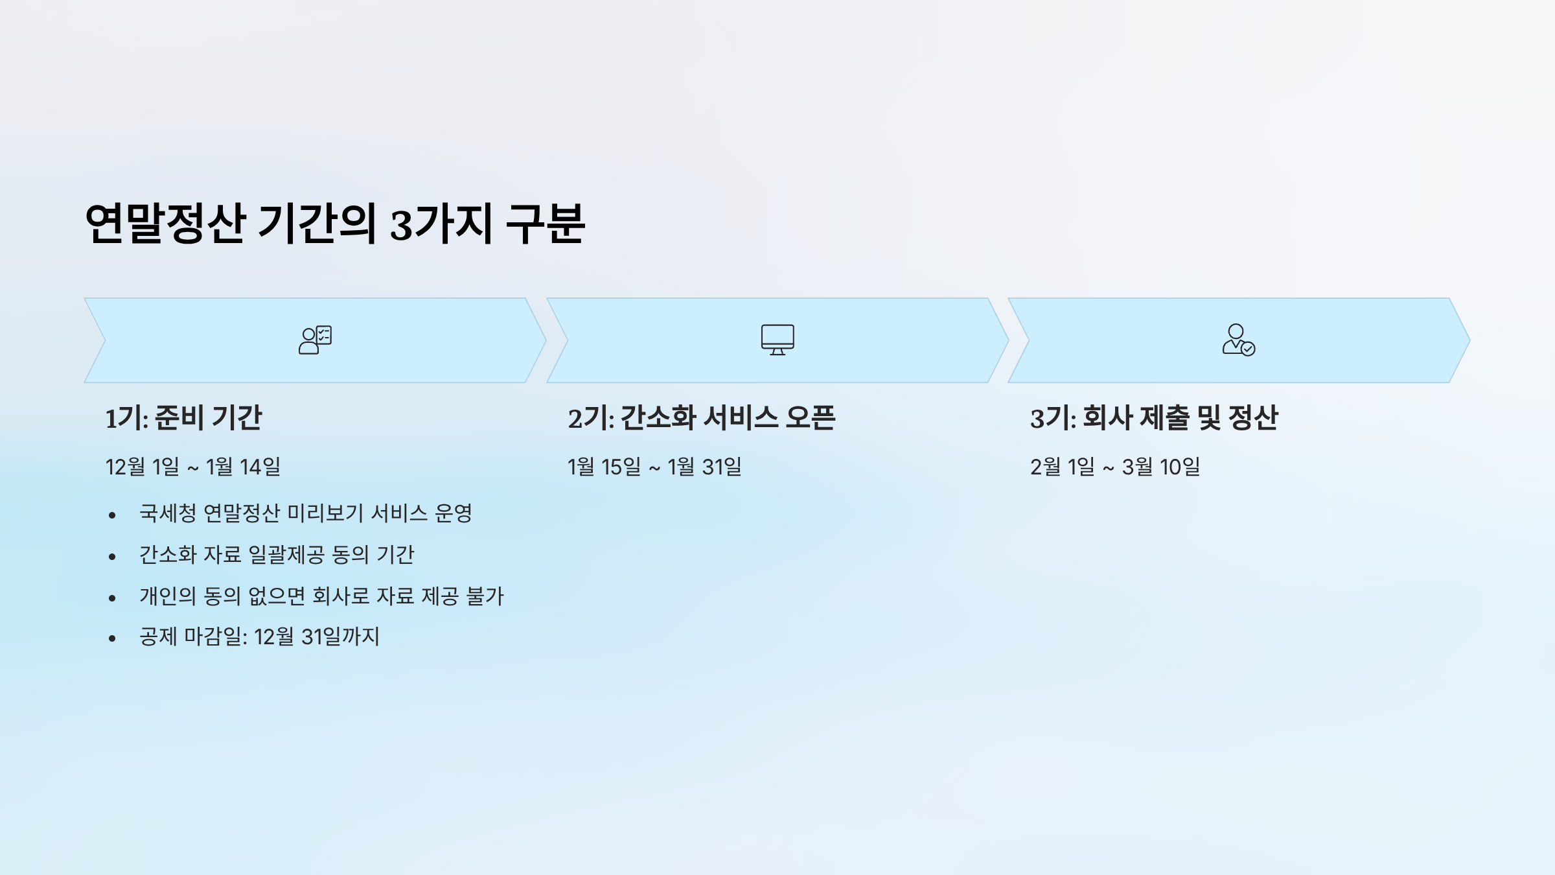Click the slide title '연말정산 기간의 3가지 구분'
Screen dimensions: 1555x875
click(334, 224)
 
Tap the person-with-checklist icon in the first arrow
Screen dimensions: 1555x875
click(315, 340)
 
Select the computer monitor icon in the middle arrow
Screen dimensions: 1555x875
click(777, 340)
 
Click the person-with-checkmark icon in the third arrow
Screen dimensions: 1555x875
click(1238, 340)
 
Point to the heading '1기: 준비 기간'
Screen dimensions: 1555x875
click(183, 417)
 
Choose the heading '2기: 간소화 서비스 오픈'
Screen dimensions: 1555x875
click(701, 417)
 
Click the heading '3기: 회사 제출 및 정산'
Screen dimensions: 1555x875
click(1153, 417)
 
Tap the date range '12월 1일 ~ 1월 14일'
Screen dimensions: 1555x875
click(192, 467)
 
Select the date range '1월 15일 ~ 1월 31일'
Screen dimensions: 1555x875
click(654, 467)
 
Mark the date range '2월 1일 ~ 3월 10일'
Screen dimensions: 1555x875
click(1114, 467)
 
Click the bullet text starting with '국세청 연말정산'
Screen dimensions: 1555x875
click(305, 513)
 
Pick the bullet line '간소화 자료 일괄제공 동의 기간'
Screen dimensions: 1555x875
click(277, 555)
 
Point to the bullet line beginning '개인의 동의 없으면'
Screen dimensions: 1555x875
click(321, 596)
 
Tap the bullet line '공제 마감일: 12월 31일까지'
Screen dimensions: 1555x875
click(259, 637)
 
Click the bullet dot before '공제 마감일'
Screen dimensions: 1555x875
click(112, 638)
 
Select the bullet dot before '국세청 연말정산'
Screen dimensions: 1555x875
click(112, 515)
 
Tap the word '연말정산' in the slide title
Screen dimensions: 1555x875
click(165, 224)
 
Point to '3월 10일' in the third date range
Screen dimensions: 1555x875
click(1161, 467)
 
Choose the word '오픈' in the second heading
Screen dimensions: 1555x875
click(810, 417)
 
